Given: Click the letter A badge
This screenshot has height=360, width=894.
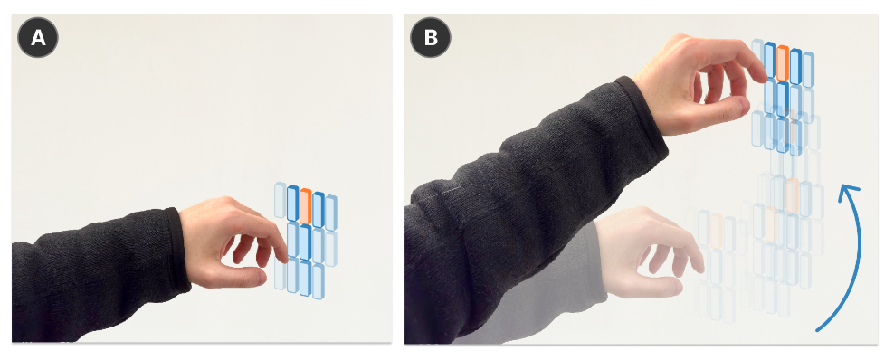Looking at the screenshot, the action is tap(38, 38).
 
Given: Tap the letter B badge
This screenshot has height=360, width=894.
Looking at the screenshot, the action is tap(431, 38).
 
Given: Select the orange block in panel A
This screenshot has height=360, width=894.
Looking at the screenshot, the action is tap(305, 206).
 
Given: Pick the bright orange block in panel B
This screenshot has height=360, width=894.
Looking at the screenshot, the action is tap(782, 63).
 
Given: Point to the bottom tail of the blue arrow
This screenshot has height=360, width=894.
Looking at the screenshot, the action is tap(819, 328).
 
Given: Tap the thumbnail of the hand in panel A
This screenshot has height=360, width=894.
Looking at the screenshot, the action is tap(260, 278).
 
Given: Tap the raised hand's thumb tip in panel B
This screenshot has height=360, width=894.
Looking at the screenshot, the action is tap(742, 105).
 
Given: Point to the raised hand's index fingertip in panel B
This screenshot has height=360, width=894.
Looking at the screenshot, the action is tap(762, 74).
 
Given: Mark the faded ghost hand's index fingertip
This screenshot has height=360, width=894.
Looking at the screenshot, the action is tap(699, 265).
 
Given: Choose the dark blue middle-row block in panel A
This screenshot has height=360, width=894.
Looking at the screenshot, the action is tap(305, 242).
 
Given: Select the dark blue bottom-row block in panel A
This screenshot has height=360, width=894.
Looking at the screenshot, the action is tap(305, 279).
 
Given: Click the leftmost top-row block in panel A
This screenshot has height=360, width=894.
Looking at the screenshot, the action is tap(280, 200).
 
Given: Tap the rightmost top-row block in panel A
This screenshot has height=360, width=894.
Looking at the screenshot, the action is tap(330, 213).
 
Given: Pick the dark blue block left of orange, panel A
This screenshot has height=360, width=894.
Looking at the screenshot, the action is tap(292, 204).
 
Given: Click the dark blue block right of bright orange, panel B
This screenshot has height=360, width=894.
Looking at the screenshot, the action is tap(795, 67).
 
